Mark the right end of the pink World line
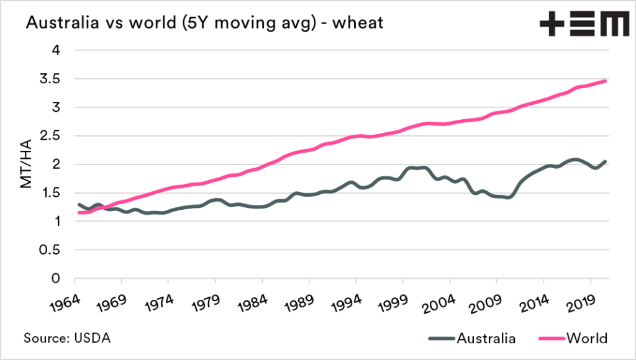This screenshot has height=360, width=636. pos(606,81)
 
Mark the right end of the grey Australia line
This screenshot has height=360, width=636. pos(606,161)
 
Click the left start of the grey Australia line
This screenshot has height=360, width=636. pos(78,204)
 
